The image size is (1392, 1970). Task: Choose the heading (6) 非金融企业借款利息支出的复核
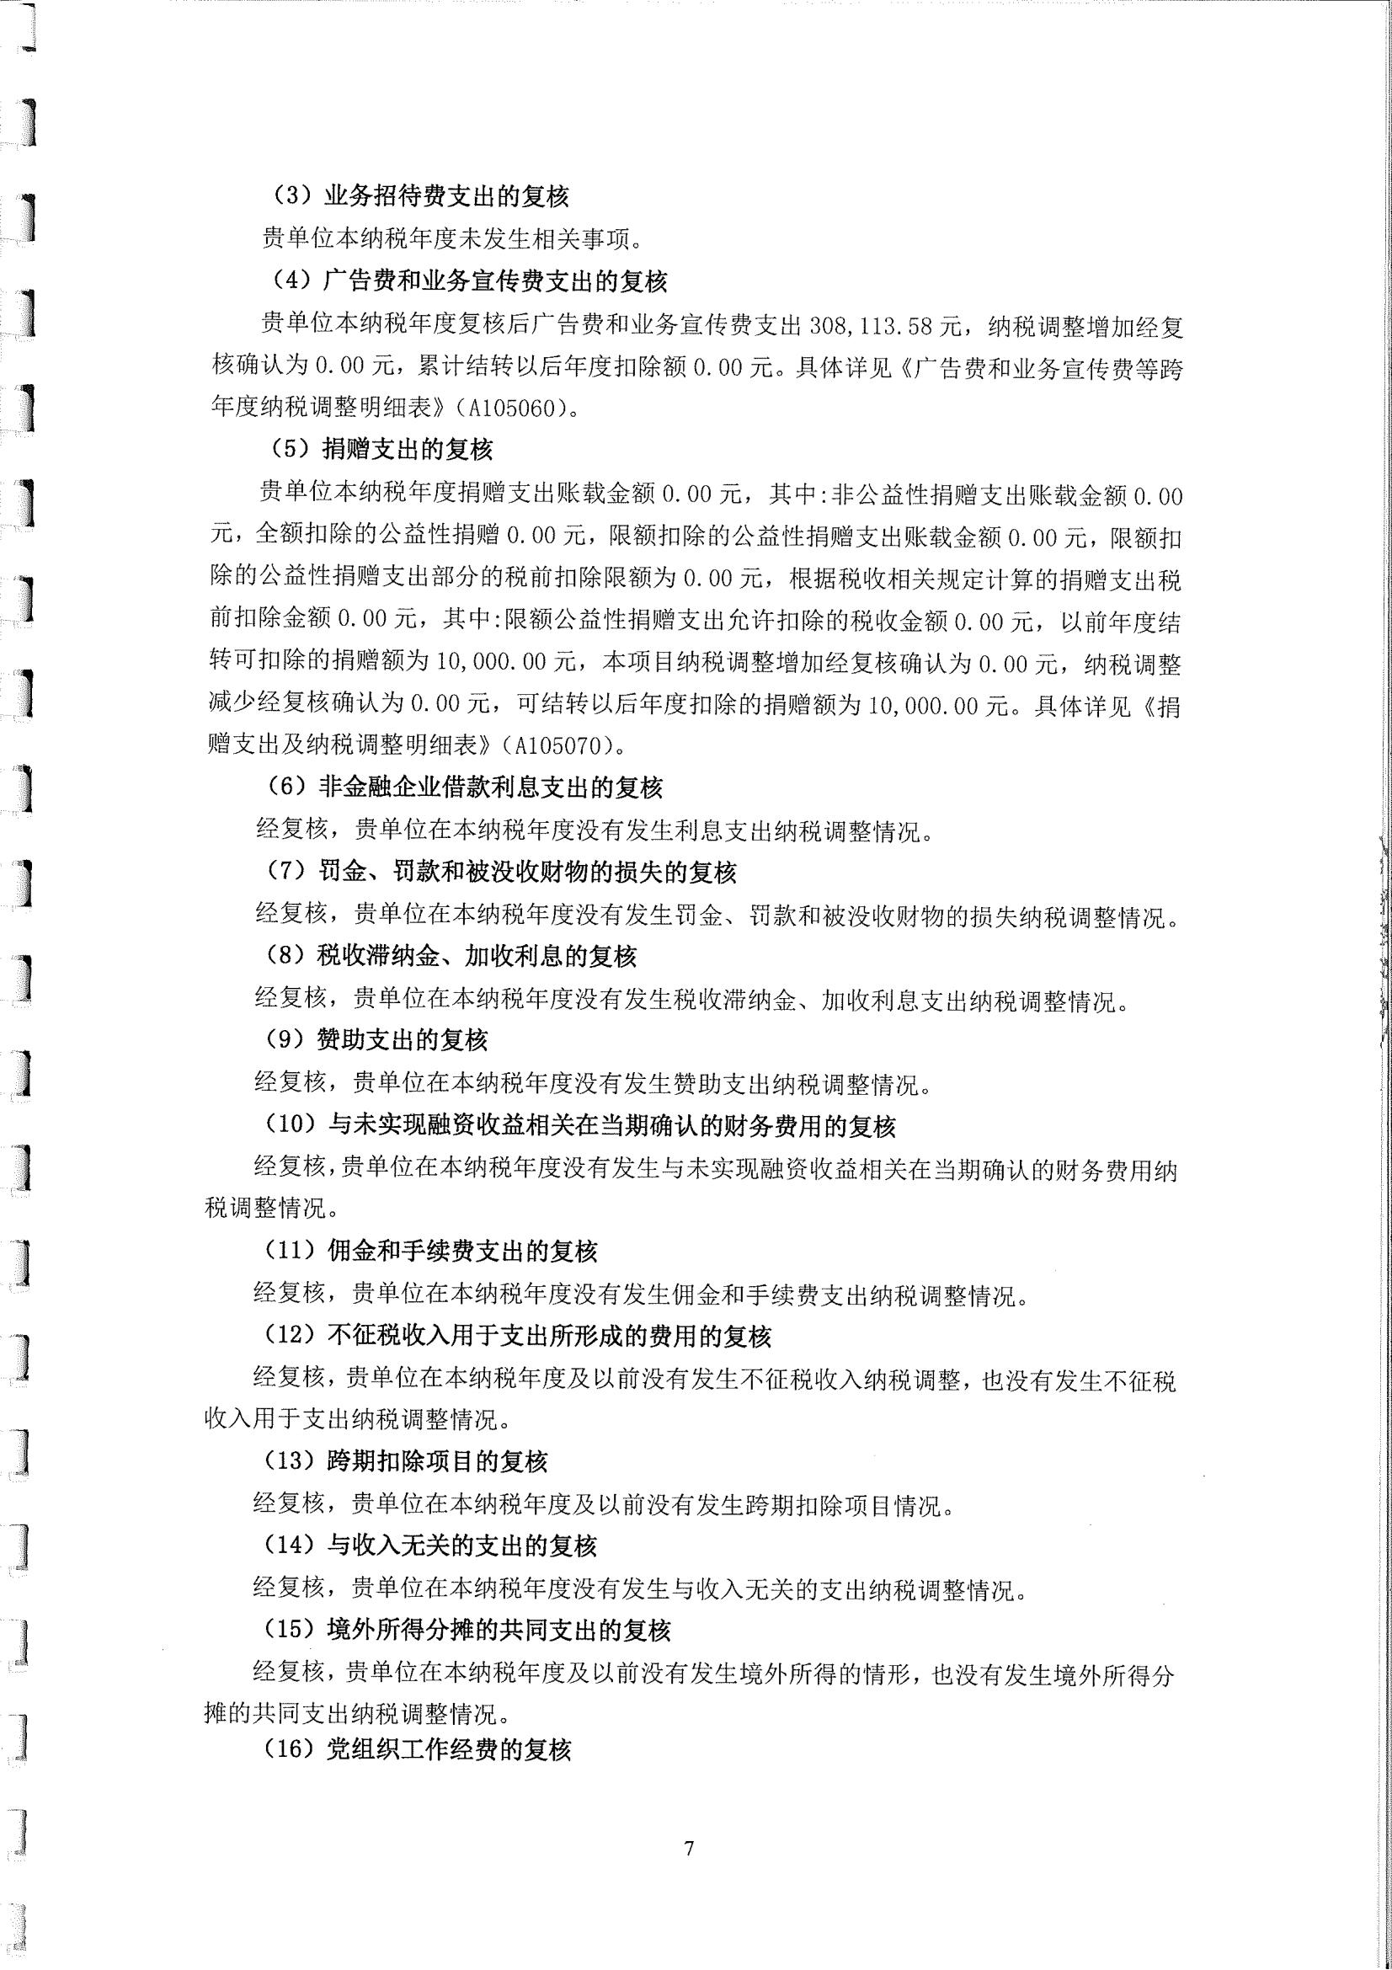coord(464,787)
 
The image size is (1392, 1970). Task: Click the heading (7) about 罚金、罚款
coord(501,872)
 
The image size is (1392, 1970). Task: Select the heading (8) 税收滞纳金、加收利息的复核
coord(451,956)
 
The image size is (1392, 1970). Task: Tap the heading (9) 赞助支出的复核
coord(376,1040)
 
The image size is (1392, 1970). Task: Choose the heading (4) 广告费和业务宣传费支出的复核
coord(468,280)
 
